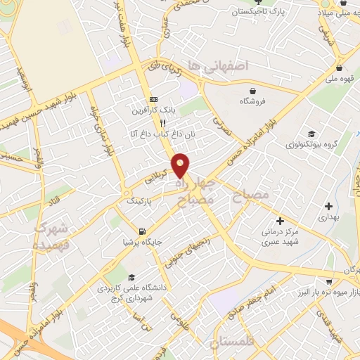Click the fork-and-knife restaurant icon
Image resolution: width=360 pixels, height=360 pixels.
(x=162, y=122)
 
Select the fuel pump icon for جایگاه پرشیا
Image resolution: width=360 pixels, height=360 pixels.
(x=143, y=231)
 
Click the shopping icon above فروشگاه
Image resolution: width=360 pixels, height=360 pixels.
(x=252, y=90)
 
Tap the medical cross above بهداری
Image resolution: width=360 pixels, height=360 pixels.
(x=328, y=206)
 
